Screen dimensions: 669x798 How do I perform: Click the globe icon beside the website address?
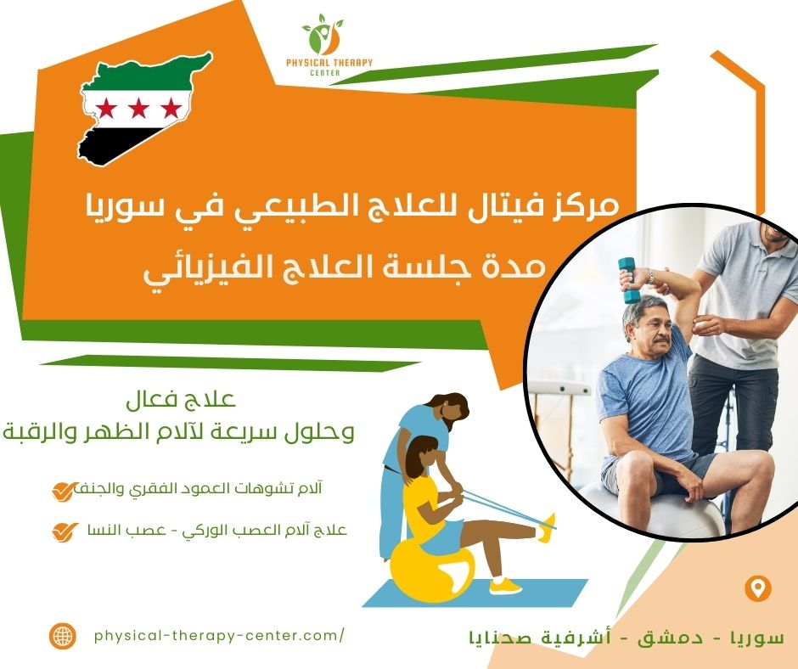pyautogui.click(x=64, y=635)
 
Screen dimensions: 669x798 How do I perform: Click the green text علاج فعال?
pyautogui.click(x=181, y=400)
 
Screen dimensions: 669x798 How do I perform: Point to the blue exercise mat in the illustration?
pyautogui.click(x=475, y=593)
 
